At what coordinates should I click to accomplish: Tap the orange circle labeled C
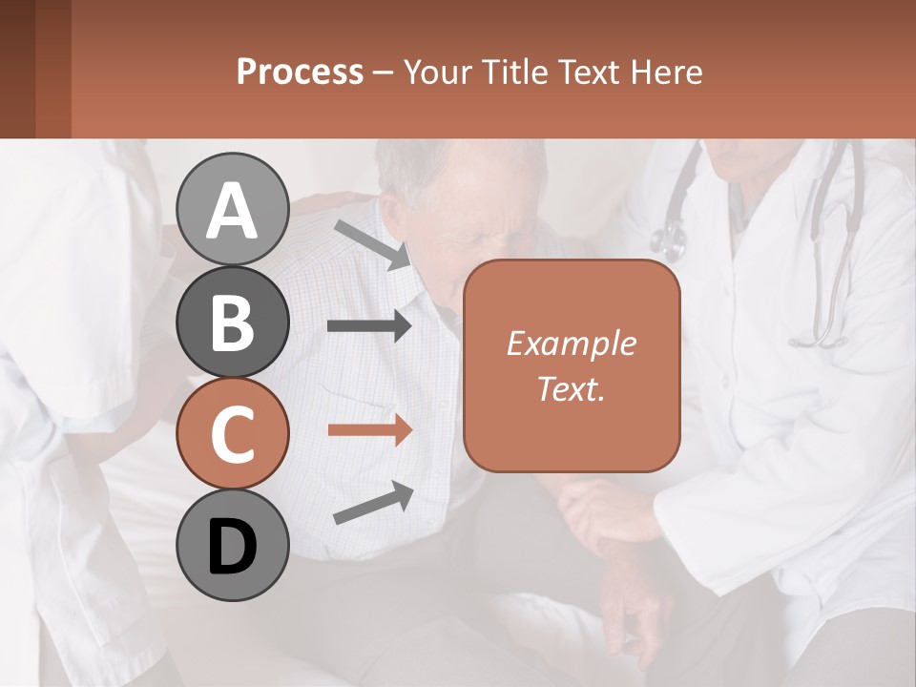232,434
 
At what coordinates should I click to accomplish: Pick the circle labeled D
232,546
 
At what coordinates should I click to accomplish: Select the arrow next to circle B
368,326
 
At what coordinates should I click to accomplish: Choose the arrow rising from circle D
373,503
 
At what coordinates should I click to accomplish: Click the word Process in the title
300,72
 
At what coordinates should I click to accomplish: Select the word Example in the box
571,343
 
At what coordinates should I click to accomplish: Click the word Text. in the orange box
571,388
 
